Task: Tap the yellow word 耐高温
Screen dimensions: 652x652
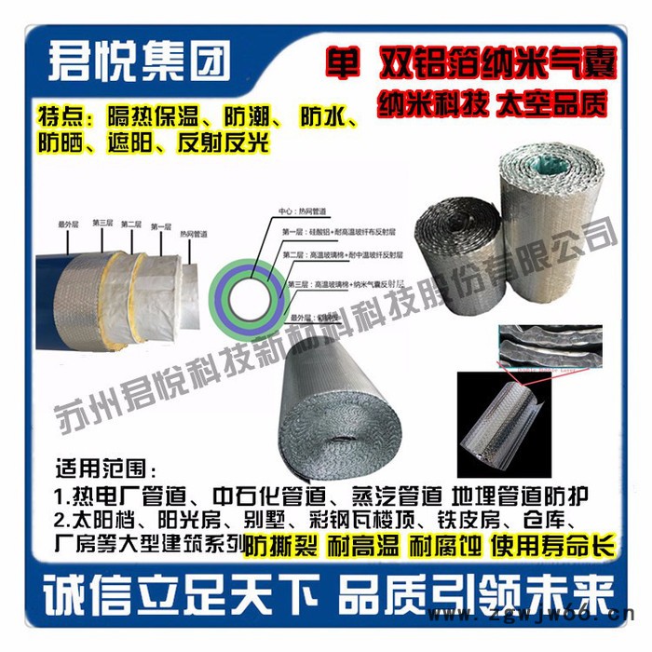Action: [358, 547]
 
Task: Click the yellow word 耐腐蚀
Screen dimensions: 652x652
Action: [439, 547]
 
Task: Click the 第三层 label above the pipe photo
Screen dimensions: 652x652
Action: [102, 224]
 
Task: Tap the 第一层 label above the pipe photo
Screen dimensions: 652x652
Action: [160, 224]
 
